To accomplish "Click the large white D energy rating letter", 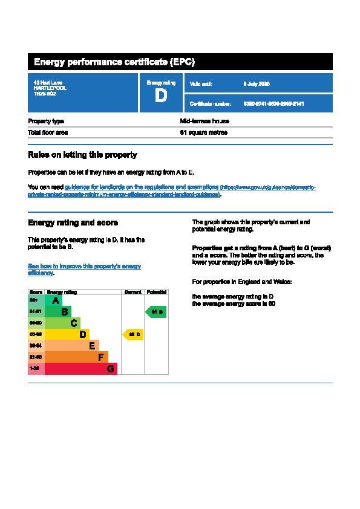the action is [x=160, y=96].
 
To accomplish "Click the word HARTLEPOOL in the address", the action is [x=50, y=88].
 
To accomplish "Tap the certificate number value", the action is [x=273, y=104].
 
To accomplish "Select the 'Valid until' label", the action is [x=201, y=83].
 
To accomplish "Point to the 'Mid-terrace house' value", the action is [x=205, y=121].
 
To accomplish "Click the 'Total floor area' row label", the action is [x=48, y=132].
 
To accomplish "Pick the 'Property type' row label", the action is [x=46, y=121].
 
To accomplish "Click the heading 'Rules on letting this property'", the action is [x=82, y=155].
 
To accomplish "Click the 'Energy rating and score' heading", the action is [x=73, y=223].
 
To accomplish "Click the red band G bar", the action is [x=80, y=369].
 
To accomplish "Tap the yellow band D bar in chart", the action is [x=67, y=334].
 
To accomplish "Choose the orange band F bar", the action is [x=76, y=357].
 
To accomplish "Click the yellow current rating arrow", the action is [x=133, y=334].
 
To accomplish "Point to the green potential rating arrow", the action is [x=155, y=312].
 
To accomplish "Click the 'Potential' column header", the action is [x=156, y=292].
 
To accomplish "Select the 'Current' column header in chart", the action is [x=133, y=292].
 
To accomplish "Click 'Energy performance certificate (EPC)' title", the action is [x=114, y=62].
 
